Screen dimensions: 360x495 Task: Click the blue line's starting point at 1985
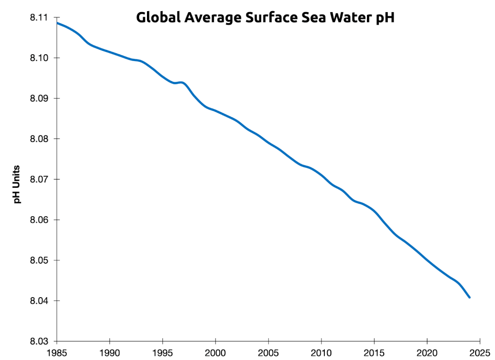pos(58,23)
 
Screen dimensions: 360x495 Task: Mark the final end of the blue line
pos(469,297)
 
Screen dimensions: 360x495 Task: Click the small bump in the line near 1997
pos(182,83)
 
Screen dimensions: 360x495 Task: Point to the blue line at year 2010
pos(321,175)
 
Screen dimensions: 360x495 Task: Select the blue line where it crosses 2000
pos(216,111)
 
